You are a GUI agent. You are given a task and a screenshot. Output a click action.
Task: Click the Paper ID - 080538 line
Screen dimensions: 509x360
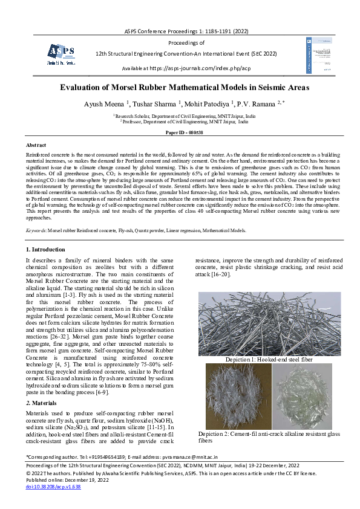tap(180, 131)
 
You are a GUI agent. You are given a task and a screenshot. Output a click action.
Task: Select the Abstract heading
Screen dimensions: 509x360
tap(36, 146)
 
